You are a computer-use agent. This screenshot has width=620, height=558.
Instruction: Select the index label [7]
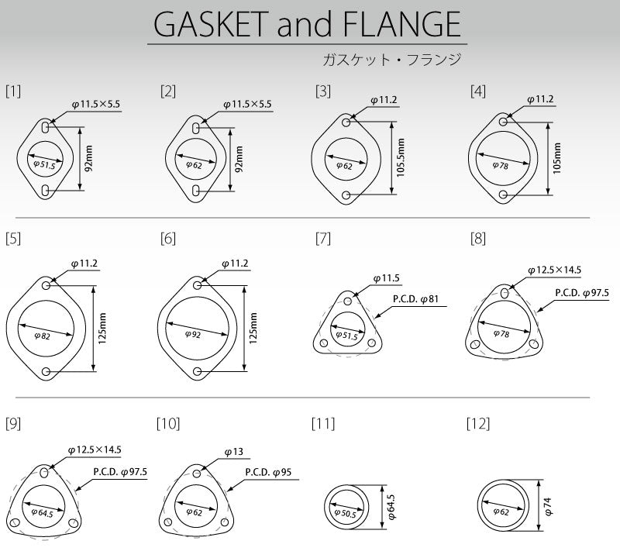click(323, 239)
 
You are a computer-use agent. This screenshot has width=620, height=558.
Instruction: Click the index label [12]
click(478, 424)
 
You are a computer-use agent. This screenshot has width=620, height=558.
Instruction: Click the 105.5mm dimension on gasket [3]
click(401, 158)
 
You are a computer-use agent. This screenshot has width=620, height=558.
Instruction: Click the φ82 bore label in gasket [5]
click(43, 335)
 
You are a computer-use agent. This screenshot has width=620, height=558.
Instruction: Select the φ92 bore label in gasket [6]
click(194, 335)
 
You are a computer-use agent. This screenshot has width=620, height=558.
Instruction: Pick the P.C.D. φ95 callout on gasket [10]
click(268, 471)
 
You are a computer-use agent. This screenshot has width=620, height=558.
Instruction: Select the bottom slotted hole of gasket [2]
click(197, 190)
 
